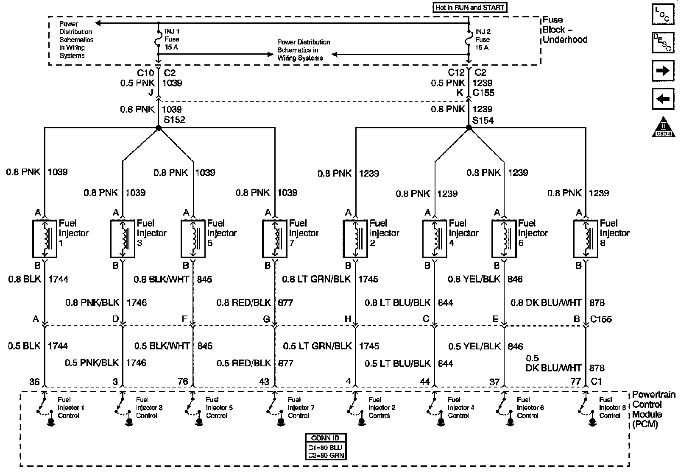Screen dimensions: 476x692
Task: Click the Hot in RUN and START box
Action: [470, 8]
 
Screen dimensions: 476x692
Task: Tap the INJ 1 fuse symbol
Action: [158, 39]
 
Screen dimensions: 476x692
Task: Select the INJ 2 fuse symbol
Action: [469, 39]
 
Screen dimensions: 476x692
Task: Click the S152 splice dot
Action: [158, 127]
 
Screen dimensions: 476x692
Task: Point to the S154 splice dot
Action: [469, 127]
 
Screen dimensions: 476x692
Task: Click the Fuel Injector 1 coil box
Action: [45, 238]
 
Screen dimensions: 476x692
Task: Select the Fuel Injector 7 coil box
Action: [275, 238]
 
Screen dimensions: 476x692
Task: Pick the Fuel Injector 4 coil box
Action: [435, 238]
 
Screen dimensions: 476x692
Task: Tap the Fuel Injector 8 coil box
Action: [586, 238]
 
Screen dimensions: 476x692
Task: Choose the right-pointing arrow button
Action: [662, 71]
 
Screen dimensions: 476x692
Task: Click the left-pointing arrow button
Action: [662, 100]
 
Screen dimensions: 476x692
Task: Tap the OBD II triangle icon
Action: [663, 127]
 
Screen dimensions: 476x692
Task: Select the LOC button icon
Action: [662, 15]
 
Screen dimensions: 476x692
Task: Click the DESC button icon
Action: [662, 42]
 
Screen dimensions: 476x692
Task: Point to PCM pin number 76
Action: [183, 382]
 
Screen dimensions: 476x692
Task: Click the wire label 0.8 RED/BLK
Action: [243, 303]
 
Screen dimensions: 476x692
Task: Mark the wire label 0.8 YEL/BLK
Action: [474, 280]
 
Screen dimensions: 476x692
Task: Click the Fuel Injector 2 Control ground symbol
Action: [361, 422]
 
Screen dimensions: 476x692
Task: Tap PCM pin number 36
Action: [34, 382]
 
